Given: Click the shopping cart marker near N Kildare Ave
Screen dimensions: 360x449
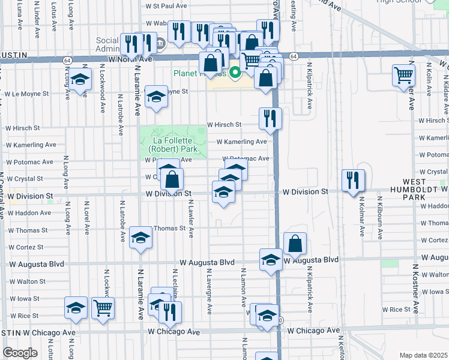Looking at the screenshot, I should pos(404,76).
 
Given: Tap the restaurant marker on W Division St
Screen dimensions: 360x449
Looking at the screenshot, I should pos(353,180).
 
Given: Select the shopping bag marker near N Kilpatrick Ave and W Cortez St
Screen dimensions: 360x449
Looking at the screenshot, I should pos(295,243).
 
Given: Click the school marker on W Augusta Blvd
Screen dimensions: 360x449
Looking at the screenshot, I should pos(271,259).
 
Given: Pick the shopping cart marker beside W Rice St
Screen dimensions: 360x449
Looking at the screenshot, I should pos(103,308).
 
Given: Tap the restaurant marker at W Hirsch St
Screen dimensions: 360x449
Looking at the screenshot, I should pos(270,118).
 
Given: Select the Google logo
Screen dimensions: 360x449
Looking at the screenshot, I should pos(20,353).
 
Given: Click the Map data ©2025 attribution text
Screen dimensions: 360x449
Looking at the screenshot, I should pos(423,355).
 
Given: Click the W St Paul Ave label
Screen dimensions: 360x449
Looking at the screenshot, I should pos(166,6).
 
